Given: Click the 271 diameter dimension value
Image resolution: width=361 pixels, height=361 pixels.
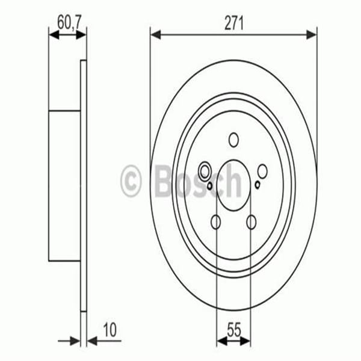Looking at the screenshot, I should click(x=233, y=24).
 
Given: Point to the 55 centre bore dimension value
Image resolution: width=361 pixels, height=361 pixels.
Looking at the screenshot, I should click(x=234, y=330).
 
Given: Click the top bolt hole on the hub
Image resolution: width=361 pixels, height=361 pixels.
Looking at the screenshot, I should click(x=233, y=140).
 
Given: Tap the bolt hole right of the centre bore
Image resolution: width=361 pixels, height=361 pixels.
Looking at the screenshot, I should click(x=263, y=171).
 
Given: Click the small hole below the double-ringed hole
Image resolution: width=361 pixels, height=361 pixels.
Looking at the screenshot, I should click(x=209, y=185).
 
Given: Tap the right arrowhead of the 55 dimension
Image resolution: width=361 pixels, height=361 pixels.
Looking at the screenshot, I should click(x=247, y=341).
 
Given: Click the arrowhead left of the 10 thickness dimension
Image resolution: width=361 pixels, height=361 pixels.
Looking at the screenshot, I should click(x=75, y=341).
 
